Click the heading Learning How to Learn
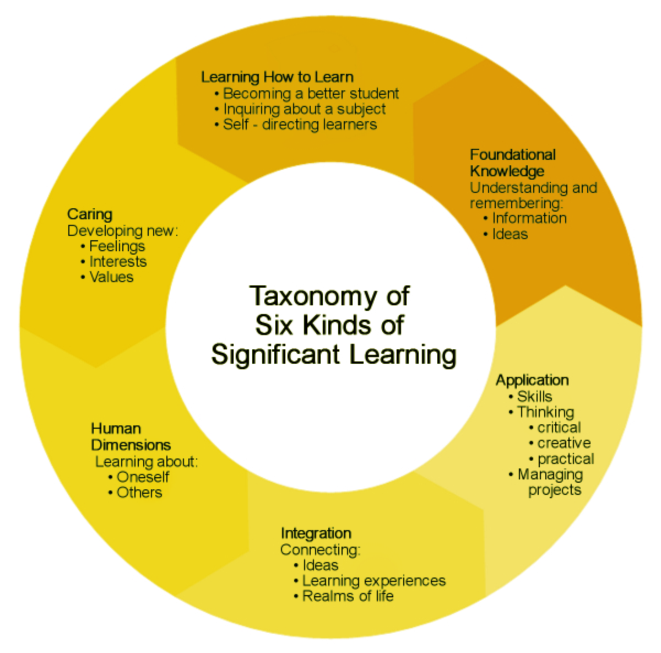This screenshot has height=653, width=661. pos(277,77)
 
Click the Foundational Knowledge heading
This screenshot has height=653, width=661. pos(513,163)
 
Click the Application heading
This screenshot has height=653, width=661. pos(532,380)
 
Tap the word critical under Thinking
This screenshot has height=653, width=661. pos(559,428)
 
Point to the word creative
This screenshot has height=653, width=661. pos(564,443)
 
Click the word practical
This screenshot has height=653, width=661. pos(566,459)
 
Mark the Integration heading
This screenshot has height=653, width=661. pos(316,533)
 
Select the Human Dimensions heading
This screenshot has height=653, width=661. pos(131,436)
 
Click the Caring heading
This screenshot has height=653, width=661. pos(90,214)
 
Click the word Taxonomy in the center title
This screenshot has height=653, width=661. pos(312,297)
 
